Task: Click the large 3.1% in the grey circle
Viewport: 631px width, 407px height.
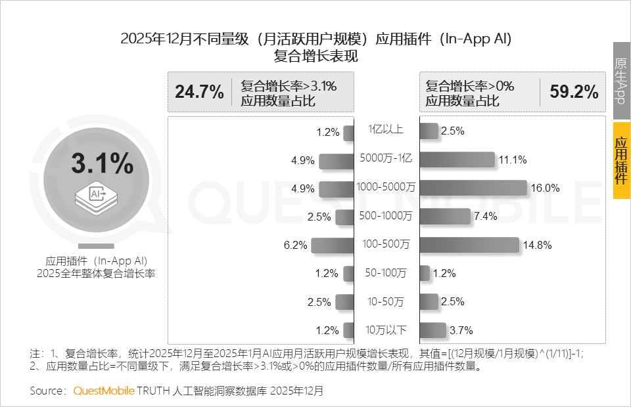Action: pyautogui.click(x=102, y=164)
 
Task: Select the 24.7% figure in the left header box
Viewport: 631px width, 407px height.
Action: pyautogui.click(x=199, y=92)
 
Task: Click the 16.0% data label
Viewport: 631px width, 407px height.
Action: pyautogui.click(x=546, y=188)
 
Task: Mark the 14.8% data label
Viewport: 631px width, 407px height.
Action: pyautogui.click(x=537, y=245)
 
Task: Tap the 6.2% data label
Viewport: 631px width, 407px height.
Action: pyautogui.click(x=296, y=245)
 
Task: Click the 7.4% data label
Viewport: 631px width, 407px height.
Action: pyautogui.click(x=485, y=217)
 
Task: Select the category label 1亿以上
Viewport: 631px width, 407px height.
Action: pyautogui.click(x=385, y=129)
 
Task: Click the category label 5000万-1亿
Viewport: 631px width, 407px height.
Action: pyautogui.click(x=385, y=158)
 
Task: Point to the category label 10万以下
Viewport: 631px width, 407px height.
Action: pyautogui.click(x=385, y=329)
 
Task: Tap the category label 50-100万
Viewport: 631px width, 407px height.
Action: pyautogui.click(x=385, y=272)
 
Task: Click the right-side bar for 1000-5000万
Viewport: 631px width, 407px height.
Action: pyautogui.click(x=473, y=188)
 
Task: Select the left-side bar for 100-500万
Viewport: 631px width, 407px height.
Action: pyautogui.click(x=333, y=245)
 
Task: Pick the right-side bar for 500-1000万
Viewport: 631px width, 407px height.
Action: pyautogui.click(x=445, y=217)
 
